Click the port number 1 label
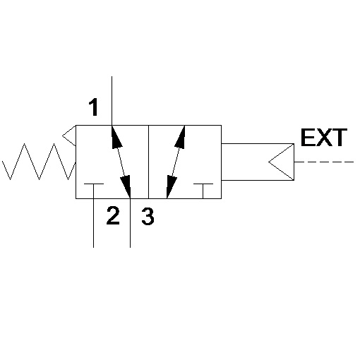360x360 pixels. [x=94, y=107]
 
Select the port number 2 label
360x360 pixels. [x=113, y=215]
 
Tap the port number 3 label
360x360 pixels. [x=148, y=217]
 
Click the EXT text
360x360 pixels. [x=324, y=138]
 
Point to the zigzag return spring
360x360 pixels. [x=39, y=162]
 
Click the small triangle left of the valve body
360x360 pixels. [x=69, y=136]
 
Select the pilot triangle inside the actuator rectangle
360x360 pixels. [x=282, y=162]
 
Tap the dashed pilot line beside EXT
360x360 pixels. [x=324, y=162]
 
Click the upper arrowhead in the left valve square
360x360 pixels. [x=116, y=137]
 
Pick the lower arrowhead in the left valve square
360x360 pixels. [x=126, y=186]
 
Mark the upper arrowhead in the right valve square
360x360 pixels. [x=180, y=137]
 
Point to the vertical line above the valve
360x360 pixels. [x=112, y=101]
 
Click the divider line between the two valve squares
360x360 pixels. [x=149, y=162]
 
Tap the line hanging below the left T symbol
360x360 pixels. [x=94, y=223]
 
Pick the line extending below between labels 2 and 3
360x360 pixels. [x=131, y=223]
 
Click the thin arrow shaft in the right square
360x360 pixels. [x=176, y=162]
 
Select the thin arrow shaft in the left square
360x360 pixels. [x=121, y=162]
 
